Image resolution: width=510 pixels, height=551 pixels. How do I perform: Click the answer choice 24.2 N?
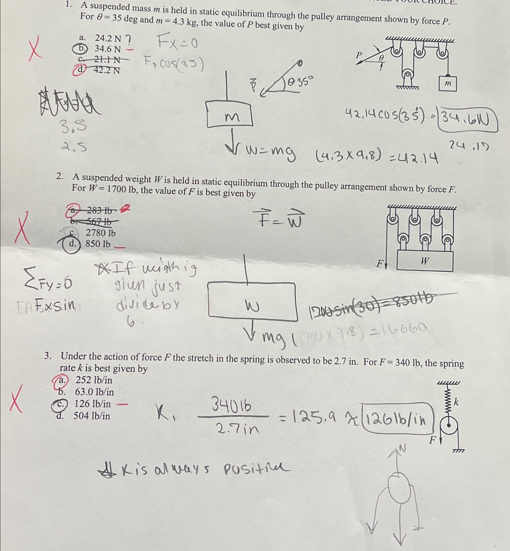click(x=107, y=38)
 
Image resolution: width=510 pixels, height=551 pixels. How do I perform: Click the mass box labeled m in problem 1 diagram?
click(x=448, y=84)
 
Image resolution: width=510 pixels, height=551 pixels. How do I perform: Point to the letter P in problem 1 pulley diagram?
click(x=359, y=55)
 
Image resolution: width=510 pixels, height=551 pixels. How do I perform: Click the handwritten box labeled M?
click(x=230, y=115)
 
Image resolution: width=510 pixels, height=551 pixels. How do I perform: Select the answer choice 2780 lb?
click(x=100, y=233)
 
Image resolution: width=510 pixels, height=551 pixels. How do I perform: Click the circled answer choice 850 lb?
click(x=98, y=244)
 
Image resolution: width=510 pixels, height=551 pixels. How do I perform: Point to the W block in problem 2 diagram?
click(x=425, y=261)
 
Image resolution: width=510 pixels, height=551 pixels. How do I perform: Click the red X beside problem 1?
click(x=35, y=48)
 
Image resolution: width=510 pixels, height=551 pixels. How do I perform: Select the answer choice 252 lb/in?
click(x=94, y=380)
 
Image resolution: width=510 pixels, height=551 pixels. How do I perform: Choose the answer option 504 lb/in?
click(x=92, y=416)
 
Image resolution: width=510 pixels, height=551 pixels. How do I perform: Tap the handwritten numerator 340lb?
click(x=231, y=406)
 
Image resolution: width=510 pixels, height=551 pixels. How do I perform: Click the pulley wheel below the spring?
click(x=448, y=425)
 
